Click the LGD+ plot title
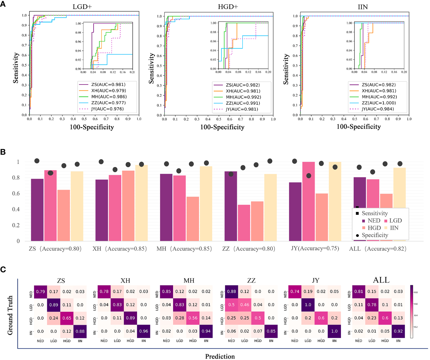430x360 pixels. pyautogui.click(x=82, y=7)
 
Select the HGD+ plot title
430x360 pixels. pyautogui.click(x=228, y=7)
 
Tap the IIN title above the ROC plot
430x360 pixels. pyautogui.click(x=363, y=7)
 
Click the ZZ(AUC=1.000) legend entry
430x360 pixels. pyautogui.click(x=378, y=103)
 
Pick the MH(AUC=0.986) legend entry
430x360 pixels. pyautogui.click(x=109, y=97)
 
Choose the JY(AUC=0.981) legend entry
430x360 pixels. pyautogui.click(x=242, y=109)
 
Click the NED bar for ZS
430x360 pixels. pyautogui.click(x=37, y=210)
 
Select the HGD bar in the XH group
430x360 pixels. pyautogui.click(x=128, y=206)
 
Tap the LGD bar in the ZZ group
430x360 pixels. pyautogui.click(x=244, y=223)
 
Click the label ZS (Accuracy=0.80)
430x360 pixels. pyautogui.click(x=55, y=249)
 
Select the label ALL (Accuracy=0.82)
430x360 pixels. pyautogui.click(x=378, y=249)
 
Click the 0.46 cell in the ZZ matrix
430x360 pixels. pyautogui.click(x=245, y=305)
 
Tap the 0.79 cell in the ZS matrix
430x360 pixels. pyautogui.click(x=41, y=291)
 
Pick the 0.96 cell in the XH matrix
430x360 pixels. pyautogui.click(x=144, y=331)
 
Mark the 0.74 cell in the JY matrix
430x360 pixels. pyautogui.click(x=295, y=291)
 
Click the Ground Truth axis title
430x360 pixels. pyautogui.click(x=10, y=315)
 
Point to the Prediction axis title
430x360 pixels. pyautogui.click(x=220, y=356)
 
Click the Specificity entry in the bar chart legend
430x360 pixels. pyautogui.click(x=375, y=235)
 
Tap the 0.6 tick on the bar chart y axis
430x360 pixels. pyautogui.click(x=16, y=193)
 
